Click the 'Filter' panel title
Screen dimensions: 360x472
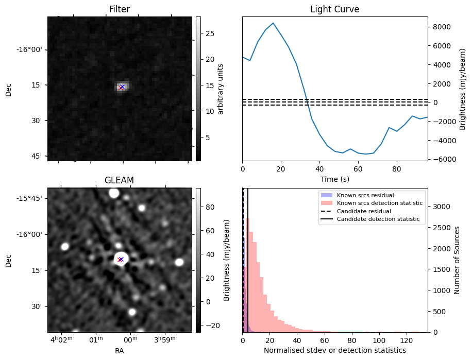point(120,9)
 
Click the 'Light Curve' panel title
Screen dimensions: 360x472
point(334,9)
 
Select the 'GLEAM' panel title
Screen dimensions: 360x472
point(119,180)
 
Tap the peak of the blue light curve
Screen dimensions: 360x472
point(273,23)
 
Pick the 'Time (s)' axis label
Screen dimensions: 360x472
point(334,179)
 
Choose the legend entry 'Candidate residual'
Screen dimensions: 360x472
point(364,211)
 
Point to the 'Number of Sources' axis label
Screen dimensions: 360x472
point(457,260)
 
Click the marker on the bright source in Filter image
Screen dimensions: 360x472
point(122,87)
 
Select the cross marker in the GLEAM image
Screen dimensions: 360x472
point(120,259)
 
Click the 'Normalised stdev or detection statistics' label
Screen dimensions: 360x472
point(334,350)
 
